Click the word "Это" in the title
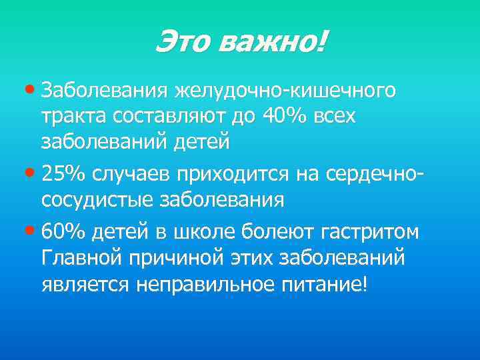[x=181, y=43]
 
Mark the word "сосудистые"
[x=96, y=200]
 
